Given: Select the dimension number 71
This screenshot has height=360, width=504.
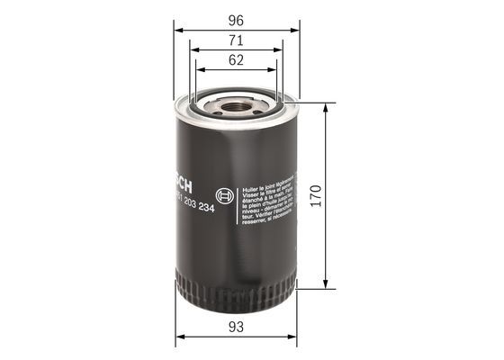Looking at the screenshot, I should pyautogui.click(x=238, y=40).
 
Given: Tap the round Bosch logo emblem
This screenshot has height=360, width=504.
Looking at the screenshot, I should pyautogui.click(x=225, y=194).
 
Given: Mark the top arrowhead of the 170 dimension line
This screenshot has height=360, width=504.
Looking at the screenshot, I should pyautogui.click(x=323, y=105).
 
